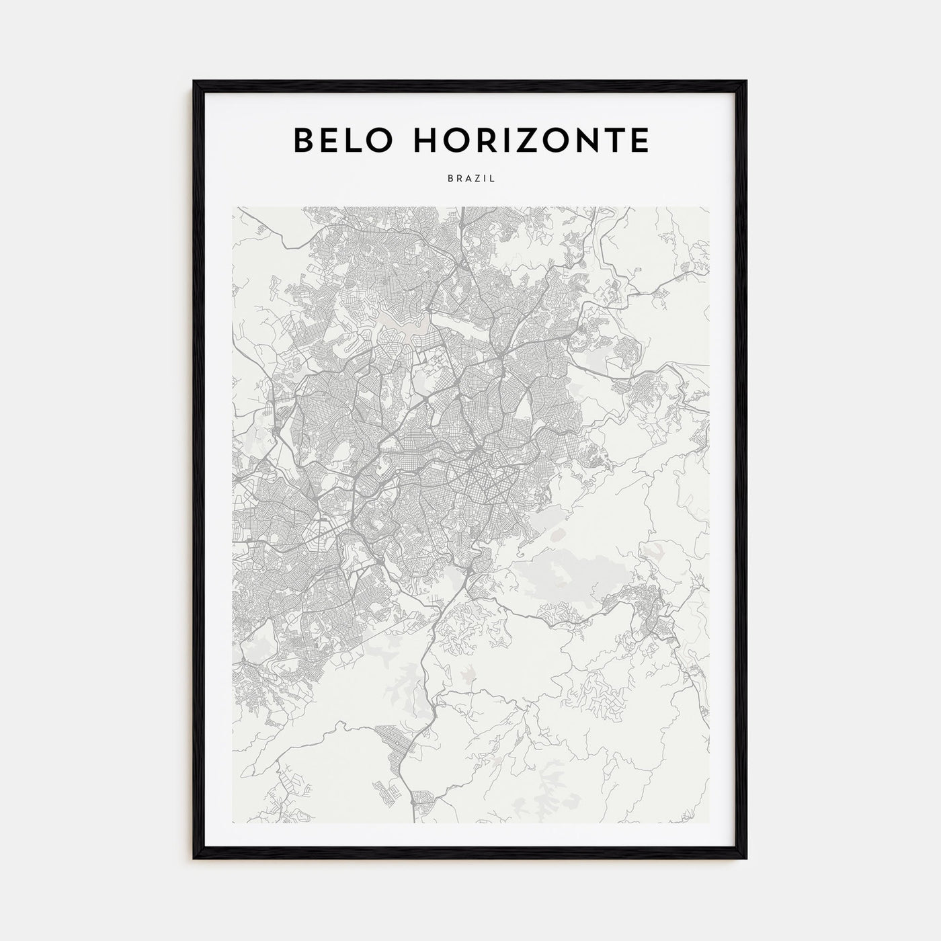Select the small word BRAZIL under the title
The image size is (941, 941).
coord(470,179)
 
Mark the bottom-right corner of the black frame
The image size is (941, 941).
coord(746,858)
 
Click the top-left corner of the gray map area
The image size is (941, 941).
coord(233,207)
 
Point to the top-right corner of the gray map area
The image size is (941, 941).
coord(709,207)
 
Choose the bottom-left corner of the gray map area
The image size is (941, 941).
coord(233,823)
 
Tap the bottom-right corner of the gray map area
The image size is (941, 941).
coord(709,823)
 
